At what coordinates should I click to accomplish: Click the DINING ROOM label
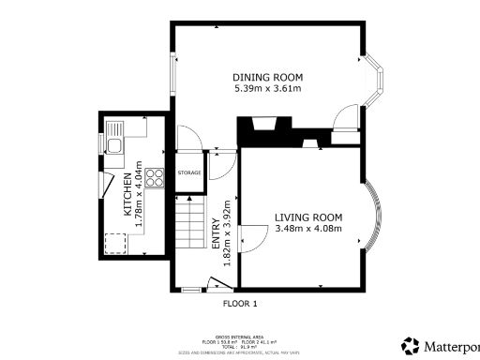pyautogui.click(x=267, y=77)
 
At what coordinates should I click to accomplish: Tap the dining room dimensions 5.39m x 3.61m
pyautogui.click(x=267, y=89)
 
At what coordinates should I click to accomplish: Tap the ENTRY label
pyautogui.click(x=215, y=232)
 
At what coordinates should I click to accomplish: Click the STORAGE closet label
pyautogui.click(x=189, y=173)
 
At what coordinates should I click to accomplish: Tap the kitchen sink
pyautogui.click(x=113, y=146)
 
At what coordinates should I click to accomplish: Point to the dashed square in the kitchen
pyautogui.click(x=117, y=244)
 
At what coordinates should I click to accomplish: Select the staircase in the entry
pyautogui.click(x=189, y=230)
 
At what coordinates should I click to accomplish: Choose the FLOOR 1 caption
pyautogui.click(x=239, y=304)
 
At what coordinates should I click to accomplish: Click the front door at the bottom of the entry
pyautogui.click(x=218, y=285)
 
